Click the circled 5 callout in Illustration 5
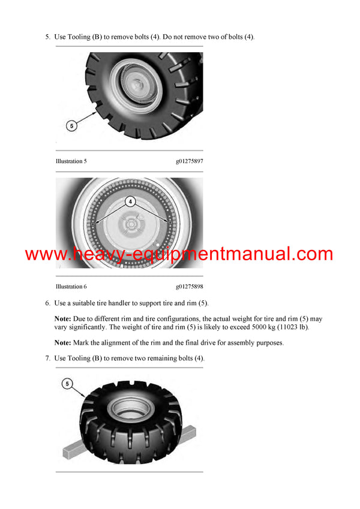(x=71, y=126)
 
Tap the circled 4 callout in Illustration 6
(x=130, y=201)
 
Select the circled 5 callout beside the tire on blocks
(x=67, y=384)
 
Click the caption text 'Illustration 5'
(x=71, y=161)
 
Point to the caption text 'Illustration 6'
(x=71, y=287)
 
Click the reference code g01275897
(x=190, y=161)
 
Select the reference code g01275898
(x=190, y=287)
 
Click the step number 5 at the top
(x=47, y=37)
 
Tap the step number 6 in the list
(x=47, y=303)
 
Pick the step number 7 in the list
(x=47, y=358)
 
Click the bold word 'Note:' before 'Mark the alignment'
(x=63, y=343)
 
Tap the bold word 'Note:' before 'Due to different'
(x=63, y=319)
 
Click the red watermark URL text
(x=179, y=254)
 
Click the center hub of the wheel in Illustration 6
(x=131, y=224)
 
